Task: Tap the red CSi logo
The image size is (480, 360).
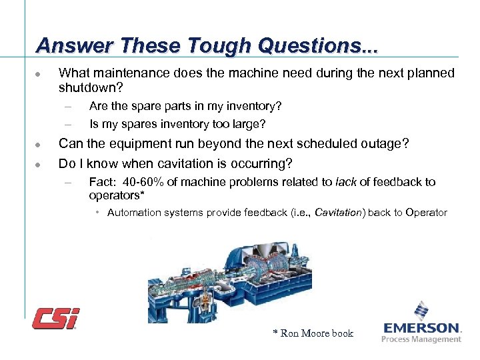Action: (56, 318)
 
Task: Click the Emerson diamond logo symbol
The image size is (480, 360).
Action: (421, 311)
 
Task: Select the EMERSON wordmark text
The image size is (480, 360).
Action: (422, 328)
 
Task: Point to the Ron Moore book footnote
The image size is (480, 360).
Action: (313, 333)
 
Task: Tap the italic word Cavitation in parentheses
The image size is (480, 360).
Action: (339, 213)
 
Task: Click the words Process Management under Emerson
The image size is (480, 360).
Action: (421, 339)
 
